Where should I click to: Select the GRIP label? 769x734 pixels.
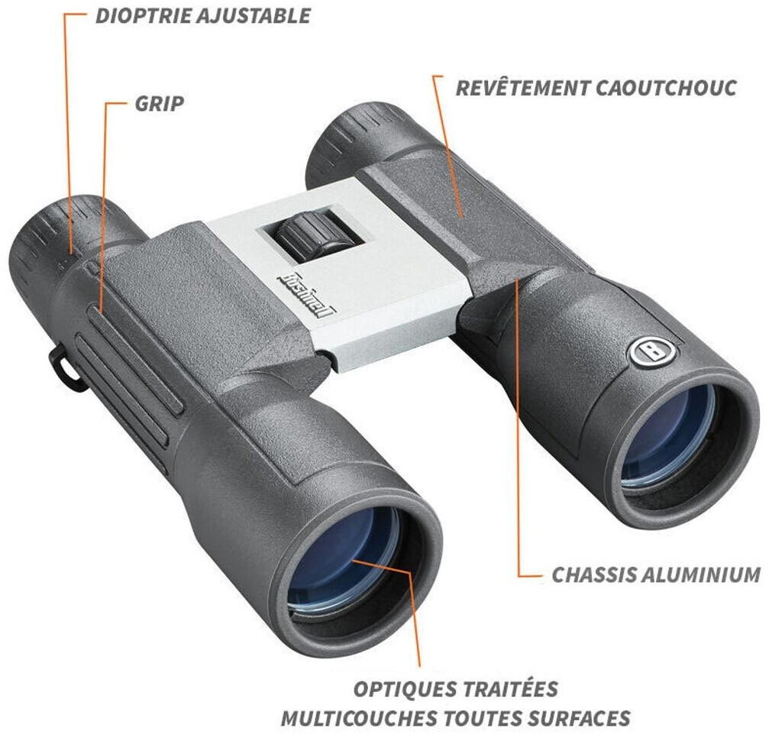(160, 103)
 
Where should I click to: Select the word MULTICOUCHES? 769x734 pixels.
(360, 718)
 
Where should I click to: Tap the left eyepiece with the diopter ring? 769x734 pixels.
(53, 237)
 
